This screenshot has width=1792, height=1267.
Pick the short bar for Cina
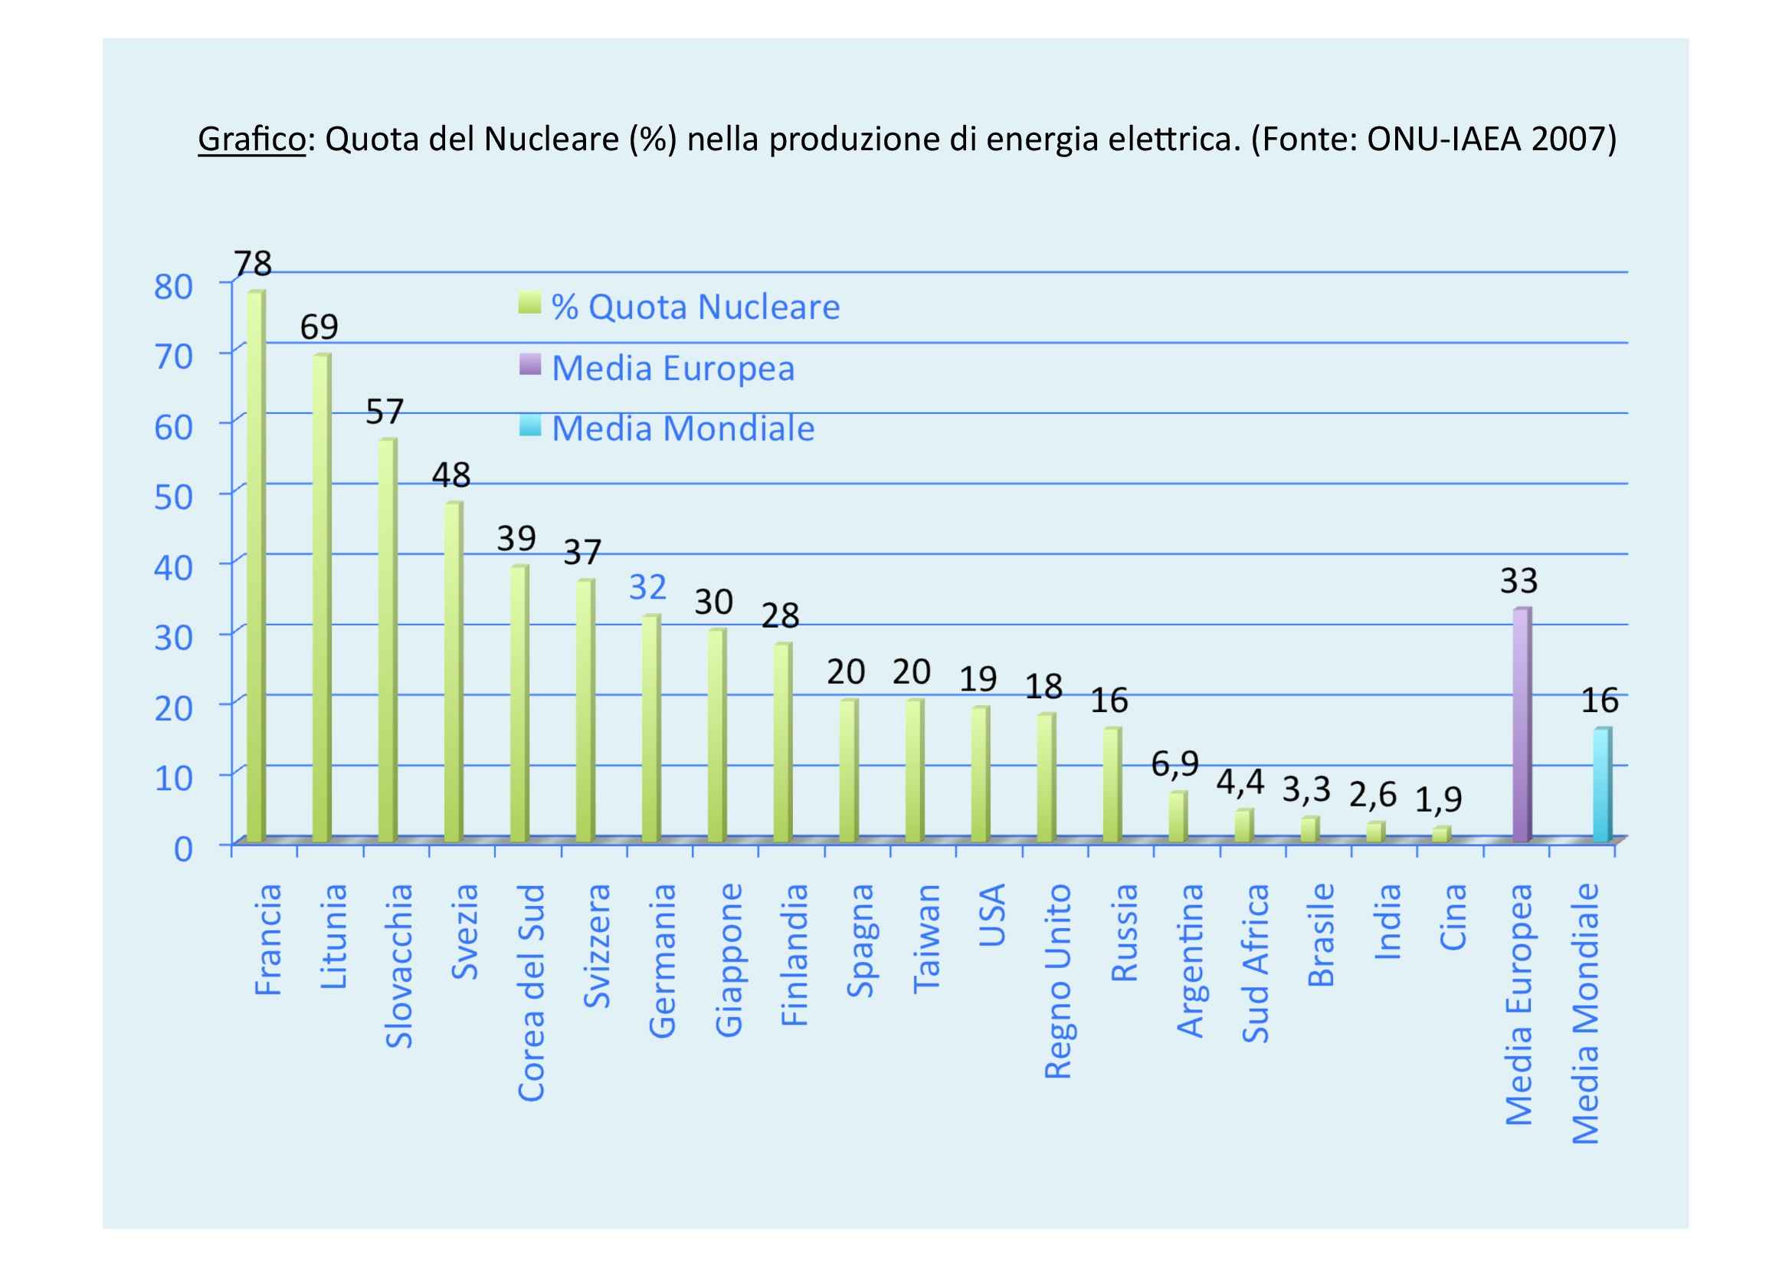tap(1441, 834)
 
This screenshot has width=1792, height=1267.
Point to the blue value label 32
tap(648, 587)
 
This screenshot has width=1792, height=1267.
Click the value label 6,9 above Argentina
tap(1174, 763)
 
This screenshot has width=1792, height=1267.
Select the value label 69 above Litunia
tap(319, 327)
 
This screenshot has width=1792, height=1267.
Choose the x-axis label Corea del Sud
tap(532, 992)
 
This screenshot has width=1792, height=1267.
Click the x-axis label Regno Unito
tap(1057, 981)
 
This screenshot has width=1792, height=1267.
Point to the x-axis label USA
tap(992, 914)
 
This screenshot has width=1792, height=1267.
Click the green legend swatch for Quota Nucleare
tap(529, 303)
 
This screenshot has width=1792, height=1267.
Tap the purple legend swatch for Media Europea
tap(529, 364)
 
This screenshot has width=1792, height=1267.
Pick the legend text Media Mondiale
tap(683, 428)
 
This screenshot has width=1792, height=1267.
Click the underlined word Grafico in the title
tap(251, 140)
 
